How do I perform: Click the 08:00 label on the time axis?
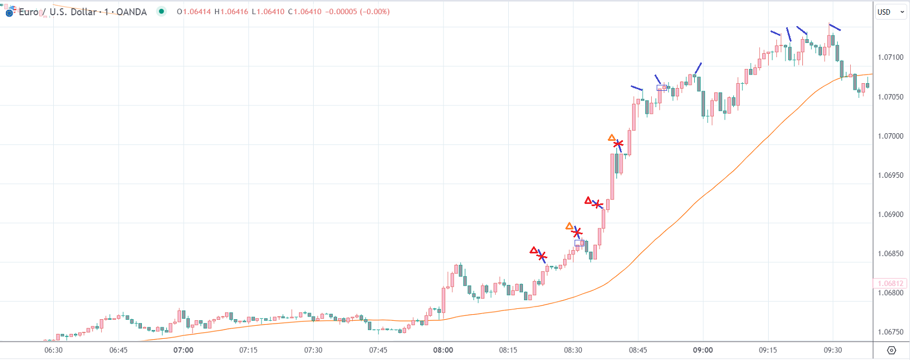click(x=443, y=350)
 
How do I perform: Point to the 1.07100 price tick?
click(x=890, y=57)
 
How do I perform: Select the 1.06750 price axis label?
click(x=890, y=332)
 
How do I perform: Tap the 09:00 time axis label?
click(x=703, y=350)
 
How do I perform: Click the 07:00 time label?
click(x=183, y=350)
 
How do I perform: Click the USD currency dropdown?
click(x=890, y=12)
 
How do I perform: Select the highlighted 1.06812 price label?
click(x=890, y=283)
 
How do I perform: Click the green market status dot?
click(x=161, y=11)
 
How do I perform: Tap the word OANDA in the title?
click(x=132, y=12)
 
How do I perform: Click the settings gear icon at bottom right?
click(x=892, y=350)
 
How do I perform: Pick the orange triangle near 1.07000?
click(x=612, y=138)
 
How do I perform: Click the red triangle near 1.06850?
click(x=534, y=251)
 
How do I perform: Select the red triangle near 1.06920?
click(x=588, y=201)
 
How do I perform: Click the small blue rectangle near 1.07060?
click(x=662, y=88)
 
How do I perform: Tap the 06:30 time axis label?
click(x=53, y=350)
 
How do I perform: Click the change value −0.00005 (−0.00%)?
click(x=357, y=11)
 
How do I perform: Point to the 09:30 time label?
click(x=832, y=350)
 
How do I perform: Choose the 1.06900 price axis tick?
click(x=890, y=214)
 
